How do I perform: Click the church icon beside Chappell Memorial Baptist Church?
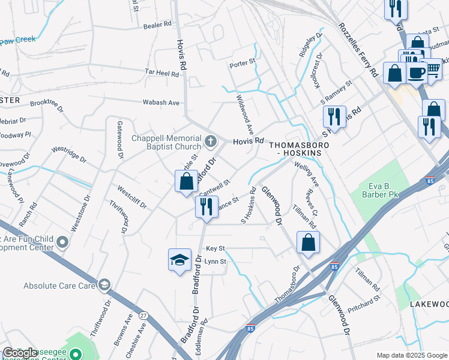click(210, 142)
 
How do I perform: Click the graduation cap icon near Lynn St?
click(179, 260)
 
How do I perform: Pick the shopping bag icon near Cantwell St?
click(187, 181)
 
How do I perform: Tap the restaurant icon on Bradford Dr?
click(205, 207)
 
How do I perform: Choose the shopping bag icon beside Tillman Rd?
click(308, 243)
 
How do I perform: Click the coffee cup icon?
click(416, 73)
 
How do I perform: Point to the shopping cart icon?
click(431, 68)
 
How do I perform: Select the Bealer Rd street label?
click(157, 26)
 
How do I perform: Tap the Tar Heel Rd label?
click(162, 73)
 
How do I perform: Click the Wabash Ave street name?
click(161, 103)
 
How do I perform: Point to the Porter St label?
click(243, 61)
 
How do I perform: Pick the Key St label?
click(215, 248)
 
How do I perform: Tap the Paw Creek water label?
click(18, 40)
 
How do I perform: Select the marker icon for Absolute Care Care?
click(104, 284)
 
